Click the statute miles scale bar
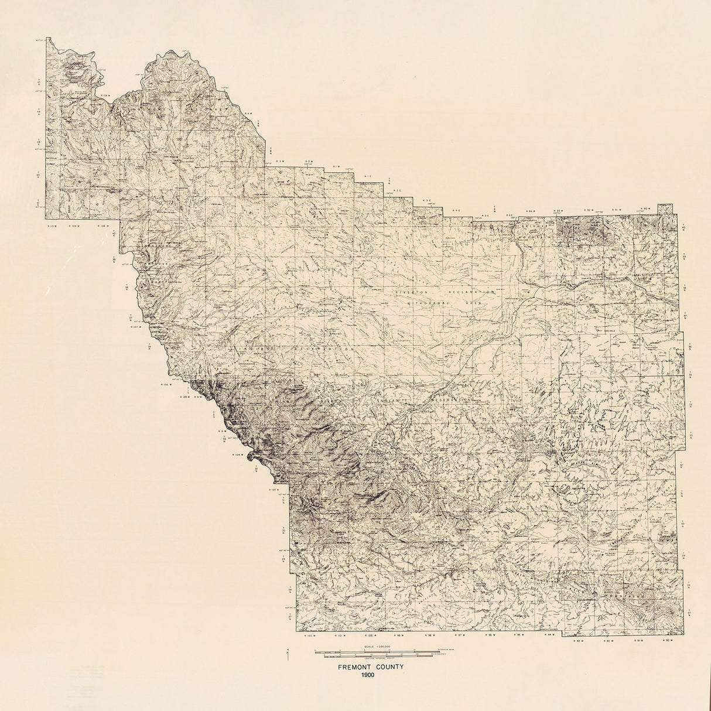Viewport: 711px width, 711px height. (375, 650)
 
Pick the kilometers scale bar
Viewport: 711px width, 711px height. (375, 655)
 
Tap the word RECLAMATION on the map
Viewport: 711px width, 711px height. (471, 291)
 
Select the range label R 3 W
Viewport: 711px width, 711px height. (280, 161)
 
